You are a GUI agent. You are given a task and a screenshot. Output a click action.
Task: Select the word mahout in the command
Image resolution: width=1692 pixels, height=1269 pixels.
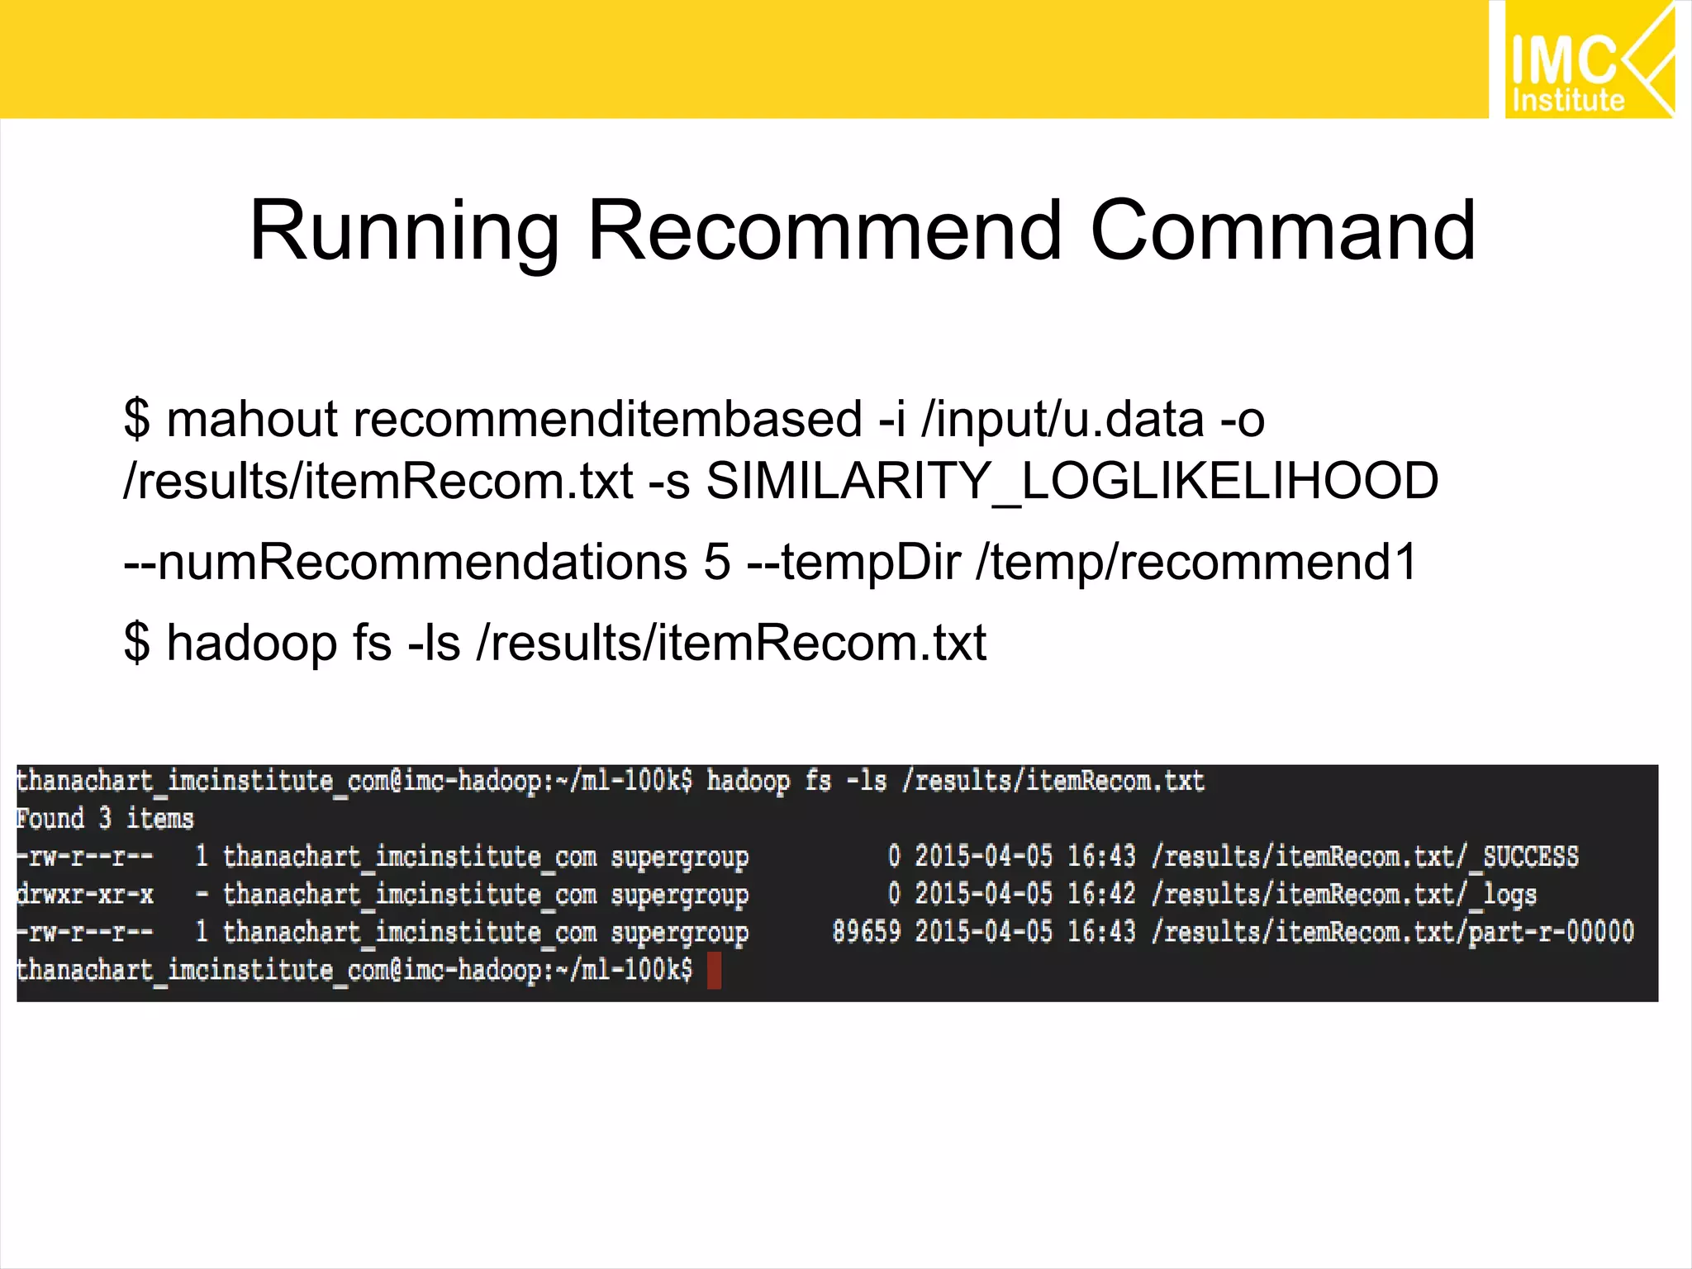pyautogui.click(x=252, y=419)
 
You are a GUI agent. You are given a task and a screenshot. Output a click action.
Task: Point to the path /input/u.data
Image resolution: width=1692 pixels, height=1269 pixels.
pyautogui.click(x=1062, y=419)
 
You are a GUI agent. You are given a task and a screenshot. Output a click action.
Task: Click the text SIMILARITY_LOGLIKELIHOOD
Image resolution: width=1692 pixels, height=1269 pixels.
pyautogui.click(x=1072, y=481)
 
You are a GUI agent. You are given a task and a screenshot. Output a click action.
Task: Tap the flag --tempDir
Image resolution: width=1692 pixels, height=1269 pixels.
pyautogui.click(x=853, y=562)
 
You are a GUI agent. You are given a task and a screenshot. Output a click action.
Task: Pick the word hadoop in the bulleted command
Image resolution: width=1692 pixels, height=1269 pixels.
pyautogui.click(x=252, y=642)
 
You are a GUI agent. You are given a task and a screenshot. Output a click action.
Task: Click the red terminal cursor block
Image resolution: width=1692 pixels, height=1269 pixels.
pyautogui.click(x=714, y=970)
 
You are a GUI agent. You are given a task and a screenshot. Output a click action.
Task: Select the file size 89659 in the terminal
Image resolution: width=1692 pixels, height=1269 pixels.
pyautogui.click(x=866, y=932)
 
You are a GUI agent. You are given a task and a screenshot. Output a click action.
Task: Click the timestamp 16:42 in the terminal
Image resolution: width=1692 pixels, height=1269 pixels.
pyautogui.click(x=1101, y=895)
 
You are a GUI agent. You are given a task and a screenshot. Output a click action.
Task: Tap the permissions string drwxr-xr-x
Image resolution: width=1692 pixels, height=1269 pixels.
pyautogui.click(x=85, y=895)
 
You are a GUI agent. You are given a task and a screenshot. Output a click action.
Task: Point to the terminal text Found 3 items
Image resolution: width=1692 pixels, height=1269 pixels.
pyautogui.click(x=105, y=819)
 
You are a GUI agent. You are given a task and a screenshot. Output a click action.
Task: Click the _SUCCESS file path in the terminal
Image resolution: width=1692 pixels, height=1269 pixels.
pyautogui.click(x=1366, y=857)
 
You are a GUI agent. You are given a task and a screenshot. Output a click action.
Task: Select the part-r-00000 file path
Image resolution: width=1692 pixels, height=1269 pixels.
pyautogui.click(x=1393, y=932)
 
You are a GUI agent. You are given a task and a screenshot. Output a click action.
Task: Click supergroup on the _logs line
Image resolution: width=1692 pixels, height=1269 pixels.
pyautogui.click(x=679, y=895)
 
